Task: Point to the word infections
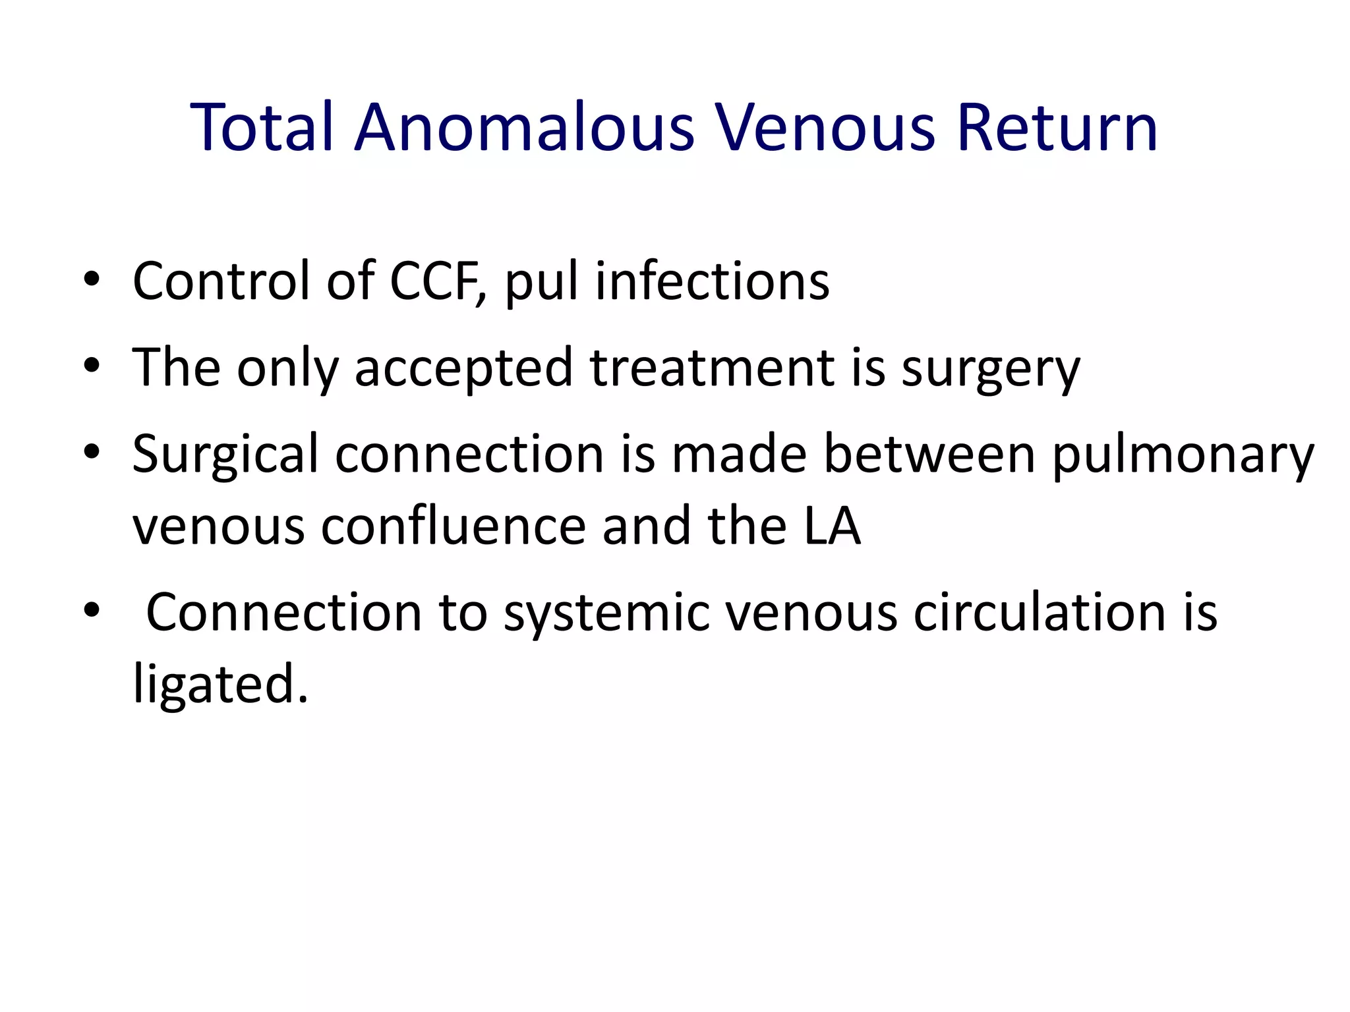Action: pyautogui.click(x=713, y=281)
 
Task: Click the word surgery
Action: pyautogui.click(x=991, y=369)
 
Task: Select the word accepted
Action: pyautogui.click(x=463, y=369)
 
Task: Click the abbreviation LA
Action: pyautogui.click(x=832, y=527)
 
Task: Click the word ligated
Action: pyautogui.click(x=220, y=685)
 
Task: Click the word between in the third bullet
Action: pyautogui.click(x=929, y=455)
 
